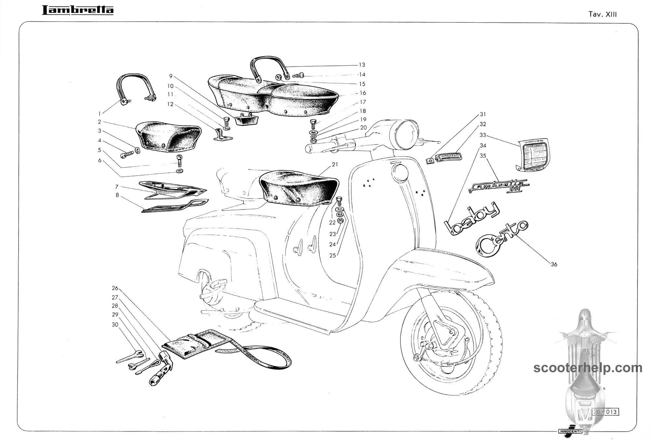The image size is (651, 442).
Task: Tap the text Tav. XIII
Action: (x=603, y=14)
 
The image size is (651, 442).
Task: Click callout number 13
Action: (x=362, y=65)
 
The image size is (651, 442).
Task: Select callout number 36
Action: (x=554, y=264)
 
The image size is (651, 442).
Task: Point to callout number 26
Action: (x=115, y=288)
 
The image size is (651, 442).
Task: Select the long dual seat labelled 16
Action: (x=273, y=94)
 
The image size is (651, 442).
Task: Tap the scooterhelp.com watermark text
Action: (x=588, y=368)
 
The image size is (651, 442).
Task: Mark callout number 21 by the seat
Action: (x=335, y=164)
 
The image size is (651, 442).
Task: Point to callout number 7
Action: (x=117, y=187)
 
